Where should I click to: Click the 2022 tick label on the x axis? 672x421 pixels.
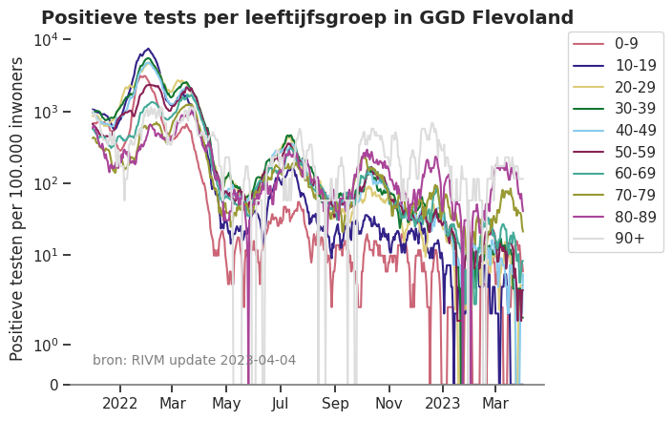[120, 403]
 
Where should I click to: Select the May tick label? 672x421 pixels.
[226, 403]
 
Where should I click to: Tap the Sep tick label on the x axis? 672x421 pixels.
[335, 403]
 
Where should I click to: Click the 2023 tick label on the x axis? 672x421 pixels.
[443, 403]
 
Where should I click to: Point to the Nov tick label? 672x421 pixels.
[388, 403]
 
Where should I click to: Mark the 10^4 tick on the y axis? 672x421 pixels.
[47, 39]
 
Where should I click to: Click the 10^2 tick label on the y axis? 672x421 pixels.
[47, 183]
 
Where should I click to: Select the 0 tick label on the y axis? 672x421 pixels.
[53, 385]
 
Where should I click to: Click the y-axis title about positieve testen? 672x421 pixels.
[17, 208]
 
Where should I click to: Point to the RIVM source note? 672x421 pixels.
[194, 360]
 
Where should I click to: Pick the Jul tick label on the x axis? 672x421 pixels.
[280, 403]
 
